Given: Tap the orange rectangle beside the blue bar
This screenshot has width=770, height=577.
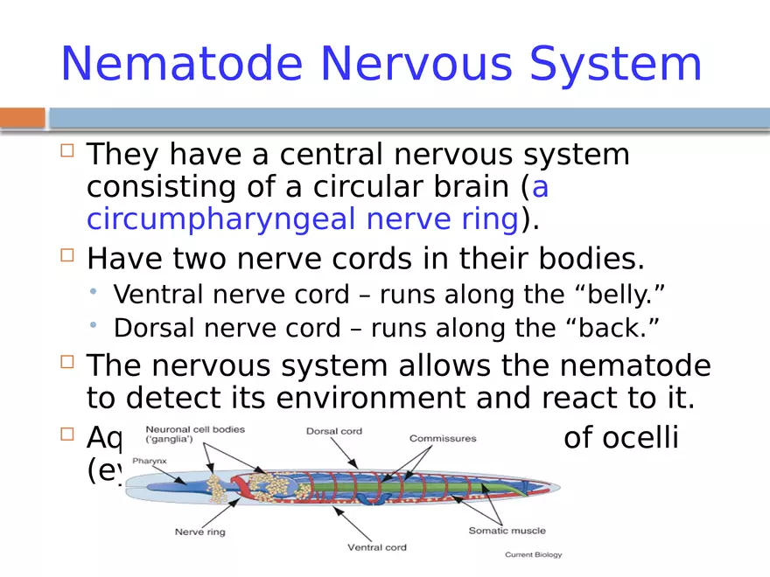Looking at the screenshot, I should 22,117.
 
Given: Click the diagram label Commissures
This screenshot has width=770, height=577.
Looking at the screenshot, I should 443,438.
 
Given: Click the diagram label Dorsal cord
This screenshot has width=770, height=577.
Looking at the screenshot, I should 334,431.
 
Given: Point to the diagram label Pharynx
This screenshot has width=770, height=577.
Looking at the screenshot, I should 149,460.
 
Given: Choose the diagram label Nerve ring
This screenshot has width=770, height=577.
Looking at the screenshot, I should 200,531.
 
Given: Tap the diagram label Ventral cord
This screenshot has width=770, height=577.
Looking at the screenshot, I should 377,547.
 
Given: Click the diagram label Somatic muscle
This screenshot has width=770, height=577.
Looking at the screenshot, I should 507,531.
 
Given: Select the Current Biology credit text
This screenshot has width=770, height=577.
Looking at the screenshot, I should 533,554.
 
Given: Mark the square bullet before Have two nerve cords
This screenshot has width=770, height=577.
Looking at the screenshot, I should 68,256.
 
